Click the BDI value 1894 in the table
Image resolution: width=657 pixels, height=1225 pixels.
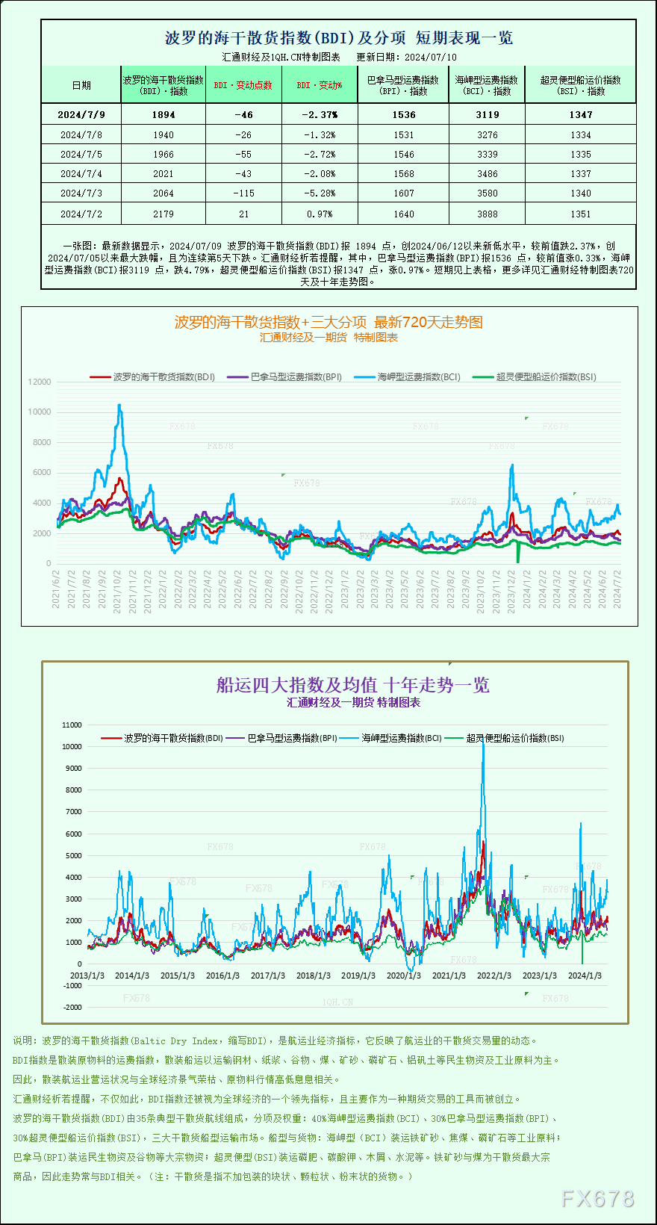point(163,114)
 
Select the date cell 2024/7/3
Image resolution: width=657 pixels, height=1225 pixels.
point(81,193)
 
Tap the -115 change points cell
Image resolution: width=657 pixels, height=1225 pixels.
point(243,193)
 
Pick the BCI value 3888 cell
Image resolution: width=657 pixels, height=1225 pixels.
point(487,214)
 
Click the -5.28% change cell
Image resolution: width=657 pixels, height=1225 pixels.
point(320,193)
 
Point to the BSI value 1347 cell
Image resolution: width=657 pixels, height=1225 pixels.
point(580,114)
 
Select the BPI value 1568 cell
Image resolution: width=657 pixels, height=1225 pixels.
point(403,173)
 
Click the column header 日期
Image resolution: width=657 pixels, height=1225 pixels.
point(81,85)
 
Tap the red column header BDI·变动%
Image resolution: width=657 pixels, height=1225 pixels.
point(320,85)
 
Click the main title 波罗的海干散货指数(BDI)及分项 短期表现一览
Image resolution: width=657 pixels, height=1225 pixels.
point(338,37)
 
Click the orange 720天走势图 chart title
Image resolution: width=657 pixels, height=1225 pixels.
point(328,322)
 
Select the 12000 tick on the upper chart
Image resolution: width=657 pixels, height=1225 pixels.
point(40,382)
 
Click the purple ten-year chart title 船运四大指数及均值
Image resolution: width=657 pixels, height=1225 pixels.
point(352,685)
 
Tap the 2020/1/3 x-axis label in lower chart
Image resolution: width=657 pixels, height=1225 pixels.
point(403,976)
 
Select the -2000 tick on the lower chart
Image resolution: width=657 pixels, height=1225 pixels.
point(72,1007)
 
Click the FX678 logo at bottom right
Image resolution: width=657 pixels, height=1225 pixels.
point(597,1199)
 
